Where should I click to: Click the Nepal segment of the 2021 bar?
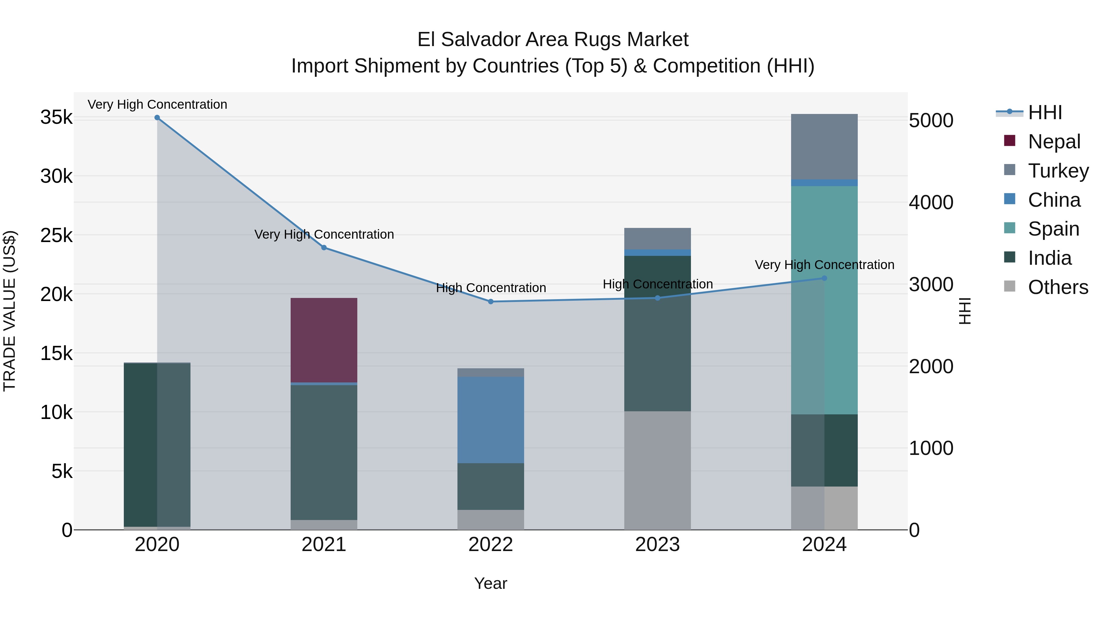[324, 339]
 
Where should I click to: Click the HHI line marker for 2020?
[157, 118]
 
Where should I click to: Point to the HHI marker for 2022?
[491, 301]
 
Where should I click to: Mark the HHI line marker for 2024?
[824, 278]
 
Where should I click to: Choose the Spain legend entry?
[1053, 229]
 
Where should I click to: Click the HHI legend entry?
[1044, 112]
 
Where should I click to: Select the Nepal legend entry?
[1054, 141]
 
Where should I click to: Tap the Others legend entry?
[1057, 287]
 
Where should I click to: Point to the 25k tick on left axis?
[56, 235]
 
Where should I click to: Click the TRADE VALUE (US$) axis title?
[10, 311]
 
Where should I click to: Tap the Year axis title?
[490, 583]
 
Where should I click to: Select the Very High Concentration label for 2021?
[324, 234]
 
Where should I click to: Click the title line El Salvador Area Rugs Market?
[553, 40]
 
